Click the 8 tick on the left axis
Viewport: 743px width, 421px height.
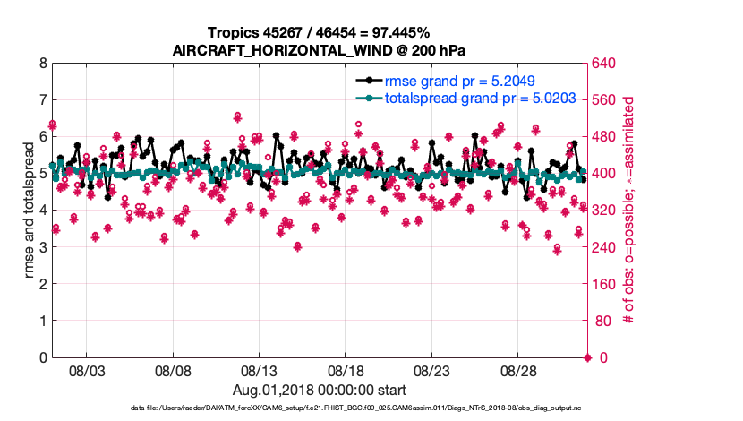(41, 64)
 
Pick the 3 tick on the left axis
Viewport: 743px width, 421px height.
(41, 247)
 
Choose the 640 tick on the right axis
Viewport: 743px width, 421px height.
(606, 64)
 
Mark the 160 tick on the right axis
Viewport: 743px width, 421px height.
(606, 284)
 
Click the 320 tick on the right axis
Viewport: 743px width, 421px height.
(606, 210)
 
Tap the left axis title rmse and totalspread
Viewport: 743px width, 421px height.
(30, 210)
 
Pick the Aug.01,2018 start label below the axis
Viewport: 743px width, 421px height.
(320, 390)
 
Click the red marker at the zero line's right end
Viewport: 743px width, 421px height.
(587, 358)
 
